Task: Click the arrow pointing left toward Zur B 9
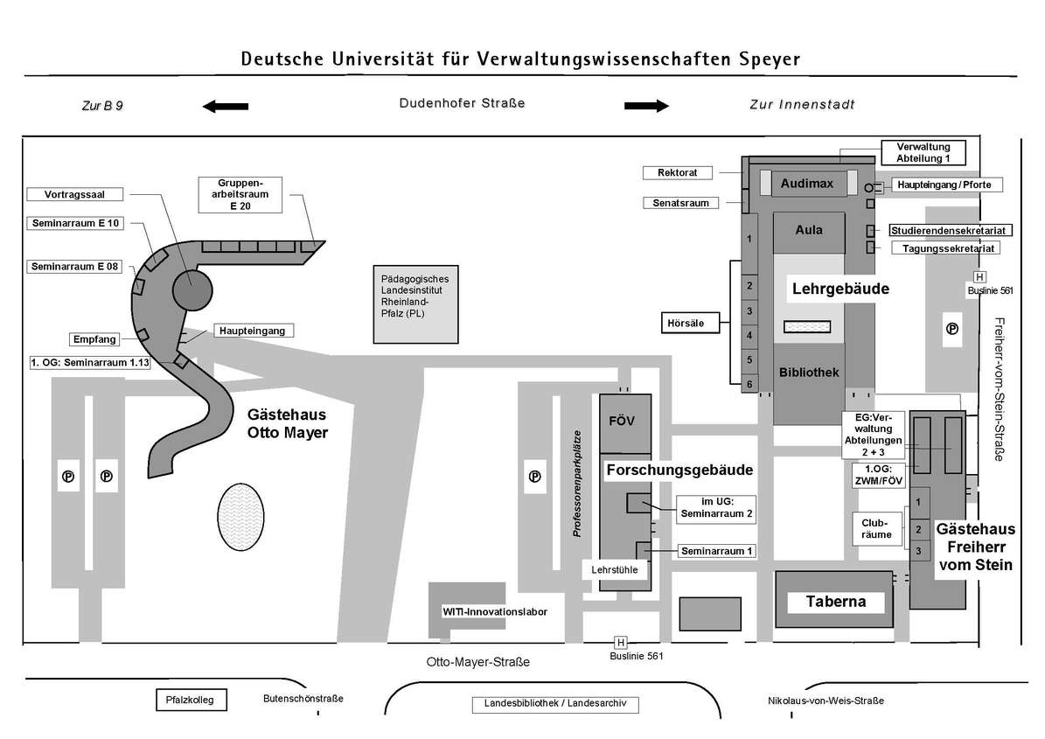click(225, 107)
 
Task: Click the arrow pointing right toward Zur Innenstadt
click(646, 107)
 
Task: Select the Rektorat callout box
click(677, 172)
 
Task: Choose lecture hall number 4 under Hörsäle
click(749, 335)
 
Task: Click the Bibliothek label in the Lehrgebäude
click(809, 373)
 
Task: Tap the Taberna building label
click(835, 602)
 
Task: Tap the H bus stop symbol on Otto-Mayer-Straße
click(620, 642)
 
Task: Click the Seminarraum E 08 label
click(74, 267)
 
